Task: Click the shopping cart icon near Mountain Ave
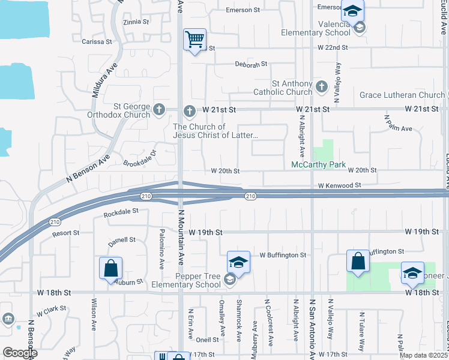(x=195, y=40)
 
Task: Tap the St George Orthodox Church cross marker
(x=159, y=109)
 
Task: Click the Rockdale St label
(x=121, y=211)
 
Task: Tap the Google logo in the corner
(x=20, y=353)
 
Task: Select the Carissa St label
(x=97, y=41)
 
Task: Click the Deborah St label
(x=250, y=64)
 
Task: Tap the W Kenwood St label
(x=339, y=186)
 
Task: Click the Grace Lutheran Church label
(x=402, y=95)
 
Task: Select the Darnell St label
(x=122, y=239)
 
